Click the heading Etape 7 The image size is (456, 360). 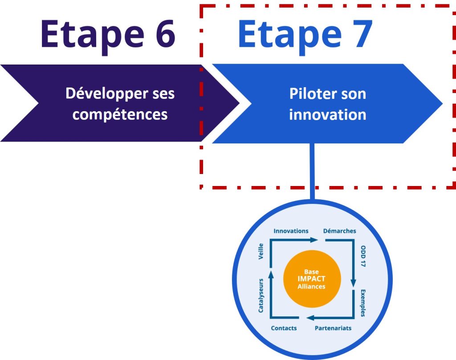point(305,35)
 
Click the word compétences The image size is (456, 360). point(120,114)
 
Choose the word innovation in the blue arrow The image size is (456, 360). point(327,114)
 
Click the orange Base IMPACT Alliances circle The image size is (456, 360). point(312,279)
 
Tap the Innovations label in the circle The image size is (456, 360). point(291,231)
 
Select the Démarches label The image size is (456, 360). point(339,231)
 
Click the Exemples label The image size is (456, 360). point(362,303)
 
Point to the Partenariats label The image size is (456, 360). point(333,328)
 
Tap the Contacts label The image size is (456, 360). point(284,328)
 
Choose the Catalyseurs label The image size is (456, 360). point(261,295)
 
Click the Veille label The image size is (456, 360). point(261,251)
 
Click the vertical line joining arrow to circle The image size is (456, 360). point(312,171)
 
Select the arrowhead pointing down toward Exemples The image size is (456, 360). point(354,283)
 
